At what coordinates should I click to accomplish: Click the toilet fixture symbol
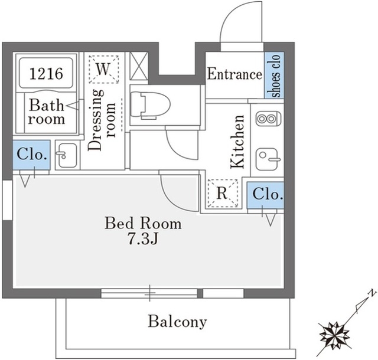click(x=150, y=105)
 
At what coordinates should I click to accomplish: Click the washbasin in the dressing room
click(x=67, y=155)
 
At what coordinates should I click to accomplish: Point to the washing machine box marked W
click(x=104, y=70)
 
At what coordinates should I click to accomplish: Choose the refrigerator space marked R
click(x=223, y=193)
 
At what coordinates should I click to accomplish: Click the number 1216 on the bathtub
click(x=46, y=73)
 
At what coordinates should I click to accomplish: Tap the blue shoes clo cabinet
click(x=274, y=75)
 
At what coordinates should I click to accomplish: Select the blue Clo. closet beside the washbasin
click(x=31, y=155)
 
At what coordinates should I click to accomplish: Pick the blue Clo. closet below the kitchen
click(x=265, y=195)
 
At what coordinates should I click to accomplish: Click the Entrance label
click(x=234, y=74)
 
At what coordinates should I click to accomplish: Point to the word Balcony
click(x=177, y=321)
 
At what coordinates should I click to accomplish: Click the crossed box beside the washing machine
click(x=139, y=66)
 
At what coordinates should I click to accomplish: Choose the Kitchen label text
click(x=237, y=142)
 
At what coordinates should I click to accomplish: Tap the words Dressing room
click(x=102, y=120)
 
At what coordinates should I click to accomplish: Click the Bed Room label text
click(x=143, y=223)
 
